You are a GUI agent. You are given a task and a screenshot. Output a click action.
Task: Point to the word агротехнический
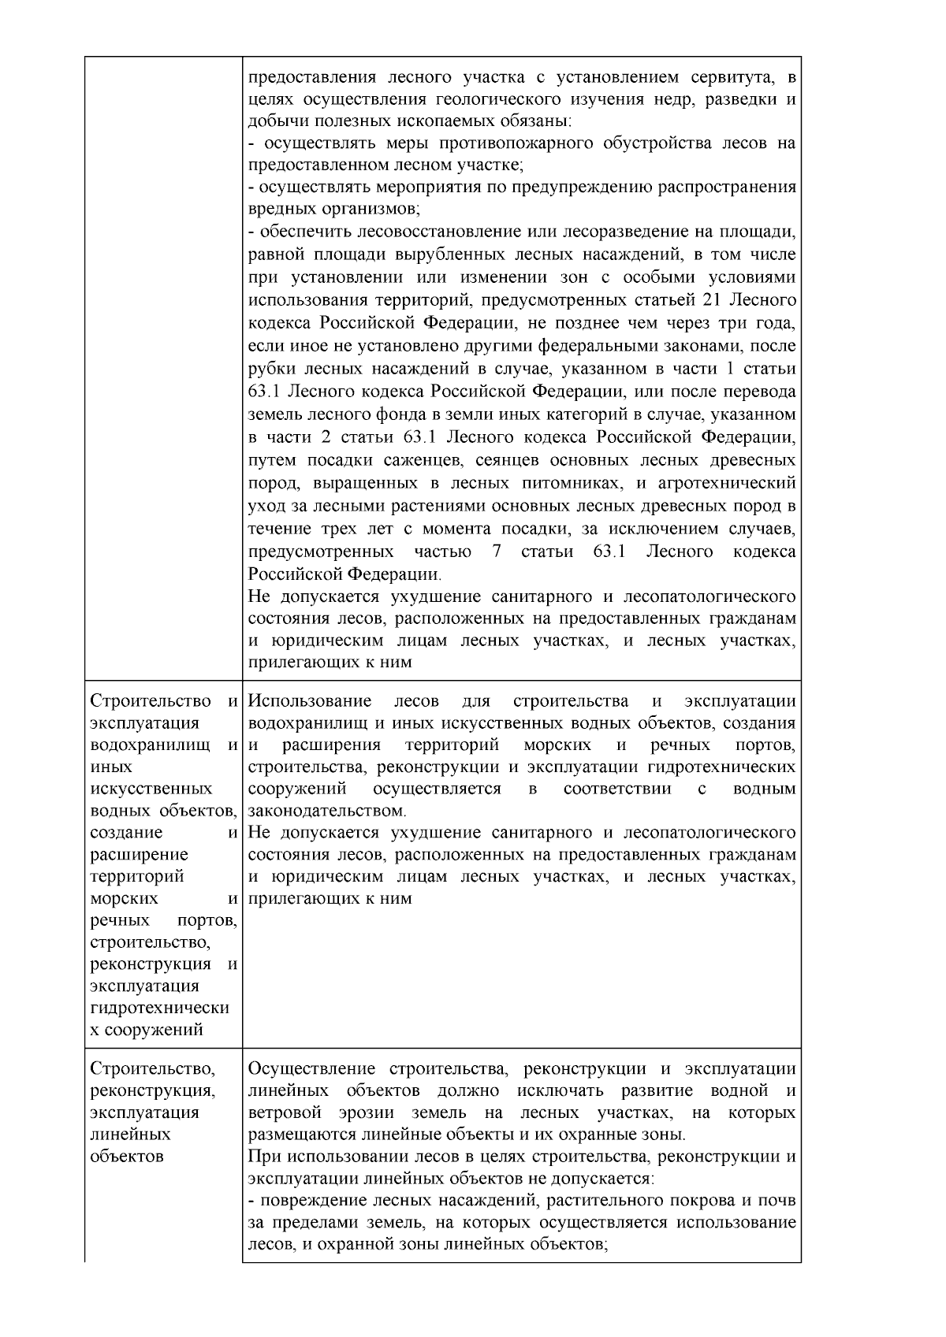coord(727,482)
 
